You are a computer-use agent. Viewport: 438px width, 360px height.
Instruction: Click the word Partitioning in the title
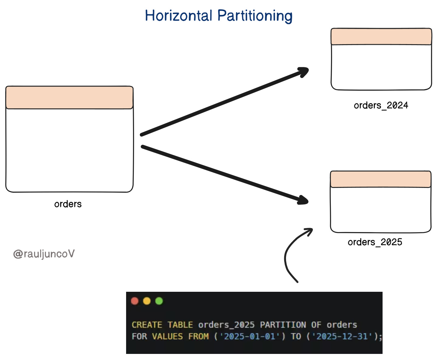pos(255,16)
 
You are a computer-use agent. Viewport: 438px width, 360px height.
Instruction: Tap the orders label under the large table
pos(68,204)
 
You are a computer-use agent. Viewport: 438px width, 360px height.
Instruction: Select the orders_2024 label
pos(381,105)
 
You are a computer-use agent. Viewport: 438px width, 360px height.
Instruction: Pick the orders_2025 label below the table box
pos(375,242)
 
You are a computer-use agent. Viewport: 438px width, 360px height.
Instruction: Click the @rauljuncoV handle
pos(44,254)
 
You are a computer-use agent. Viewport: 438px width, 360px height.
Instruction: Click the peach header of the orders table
pos(69,98)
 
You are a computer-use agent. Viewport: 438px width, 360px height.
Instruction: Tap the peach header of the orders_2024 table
pos(381,37)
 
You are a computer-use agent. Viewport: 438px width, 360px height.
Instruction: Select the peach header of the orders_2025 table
pos(380,179)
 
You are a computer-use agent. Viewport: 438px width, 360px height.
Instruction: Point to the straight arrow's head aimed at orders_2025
pos(303,200)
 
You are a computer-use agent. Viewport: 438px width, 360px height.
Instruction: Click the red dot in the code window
pos(135,301)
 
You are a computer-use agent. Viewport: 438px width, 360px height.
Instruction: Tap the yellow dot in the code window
pos(147,301)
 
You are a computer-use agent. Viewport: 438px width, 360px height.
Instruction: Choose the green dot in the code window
pos(159,301)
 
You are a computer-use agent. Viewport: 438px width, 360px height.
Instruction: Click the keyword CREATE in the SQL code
pos(147,325)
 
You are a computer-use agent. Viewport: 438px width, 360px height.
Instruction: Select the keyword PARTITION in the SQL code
pos(283,325)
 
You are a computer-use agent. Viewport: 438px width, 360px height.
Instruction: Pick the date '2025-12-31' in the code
pos(342,337)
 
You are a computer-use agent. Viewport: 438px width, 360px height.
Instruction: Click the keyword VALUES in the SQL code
pos(168,337)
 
